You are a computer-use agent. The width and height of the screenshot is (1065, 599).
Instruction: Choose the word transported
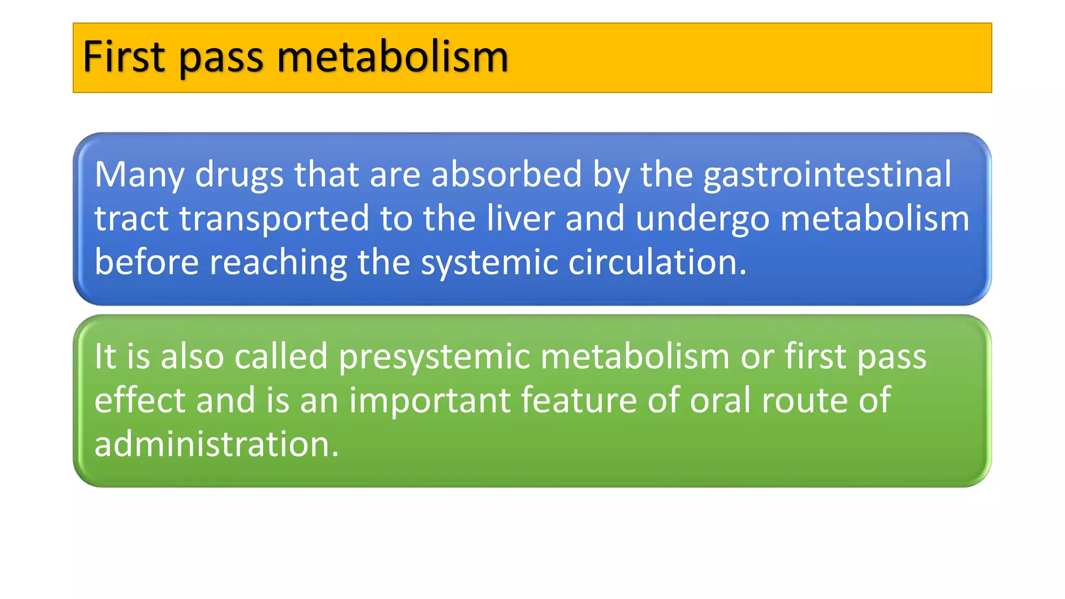(x=275, y=219)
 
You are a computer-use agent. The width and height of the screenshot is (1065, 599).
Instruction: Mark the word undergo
(x=703, y=219)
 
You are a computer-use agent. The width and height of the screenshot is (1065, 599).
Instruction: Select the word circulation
(x=657, y=262)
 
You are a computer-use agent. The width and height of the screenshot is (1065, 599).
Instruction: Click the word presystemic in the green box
(x=434, y=357)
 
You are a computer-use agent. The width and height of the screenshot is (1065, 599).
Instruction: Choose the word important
(x=430, y=401)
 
